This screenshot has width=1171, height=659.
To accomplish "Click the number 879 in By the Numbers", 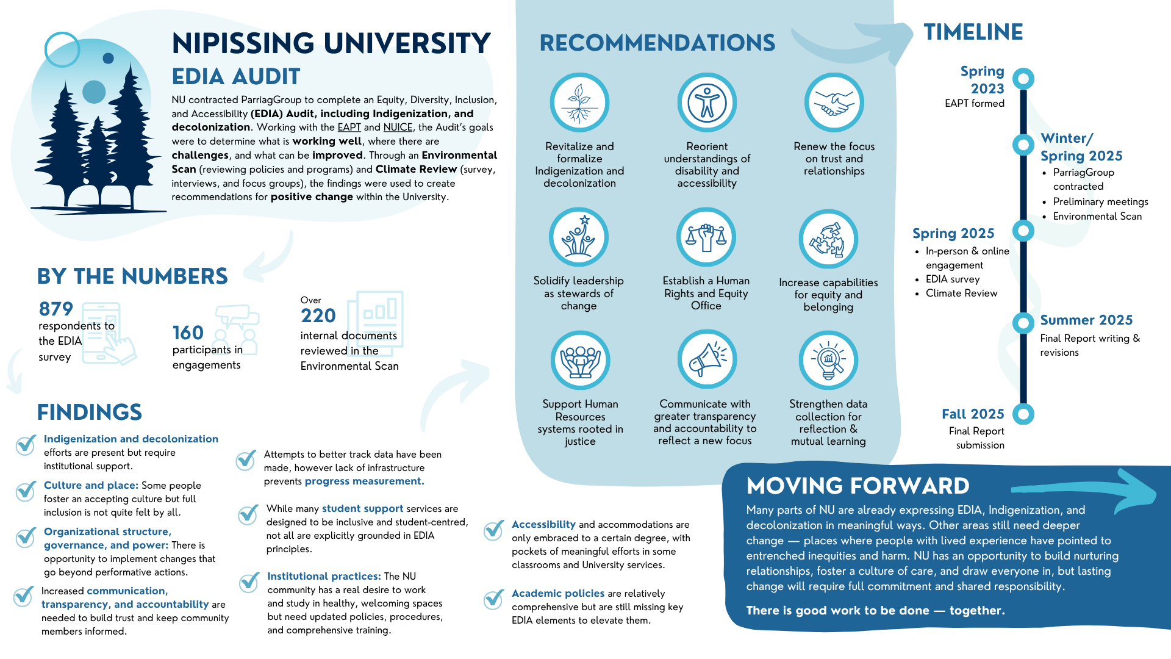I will click(x=56, y=309).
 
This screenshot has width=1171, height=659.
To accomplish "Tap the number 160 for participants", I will click(x=188, y=333).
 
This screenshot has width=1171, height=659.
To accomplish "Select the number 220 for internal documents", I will click(x=318, y=315).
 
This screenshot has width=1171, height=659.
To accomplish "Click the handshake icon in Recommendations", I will click(x=834, y=103).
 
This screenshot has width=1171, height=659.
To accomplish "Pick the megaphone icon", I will click(x=707, y=359).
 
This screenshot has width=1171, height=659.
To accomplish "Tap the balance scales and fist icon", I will click(x=706, y=237).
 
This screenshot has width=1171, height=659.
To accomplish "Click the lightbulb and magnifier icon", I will click(x=828, y=360).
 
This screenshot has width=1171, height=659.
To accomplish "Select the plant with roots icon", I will click(x=579, y=103).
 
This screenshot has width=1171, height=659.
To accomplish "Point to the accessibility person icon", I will click(x=707, y=103).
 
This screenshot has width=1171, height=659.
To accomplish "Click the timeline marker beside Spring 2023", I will click(x=1023, y=79).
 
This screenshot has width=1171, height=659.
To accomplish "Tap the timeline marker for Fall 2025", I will click(x=1023, y=414).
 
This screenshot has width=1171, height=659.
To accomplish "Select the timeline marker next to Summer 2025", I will click(x=1023, y=322).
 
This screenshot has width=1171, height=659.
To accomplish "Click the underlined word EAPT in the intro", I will click(x=349, y=128).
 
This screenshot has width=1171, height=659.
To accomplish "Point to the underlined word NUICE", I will click(x=398, y=128).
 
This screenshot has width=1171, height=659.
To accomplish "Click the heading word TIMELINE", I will click(x=973, y=32).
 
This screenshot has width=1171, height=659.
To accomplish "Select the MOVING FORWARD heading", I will click(x=858, y=486).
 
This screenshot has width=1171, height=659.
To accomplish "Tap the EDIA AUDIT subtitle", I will click(x=236, y=77).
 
